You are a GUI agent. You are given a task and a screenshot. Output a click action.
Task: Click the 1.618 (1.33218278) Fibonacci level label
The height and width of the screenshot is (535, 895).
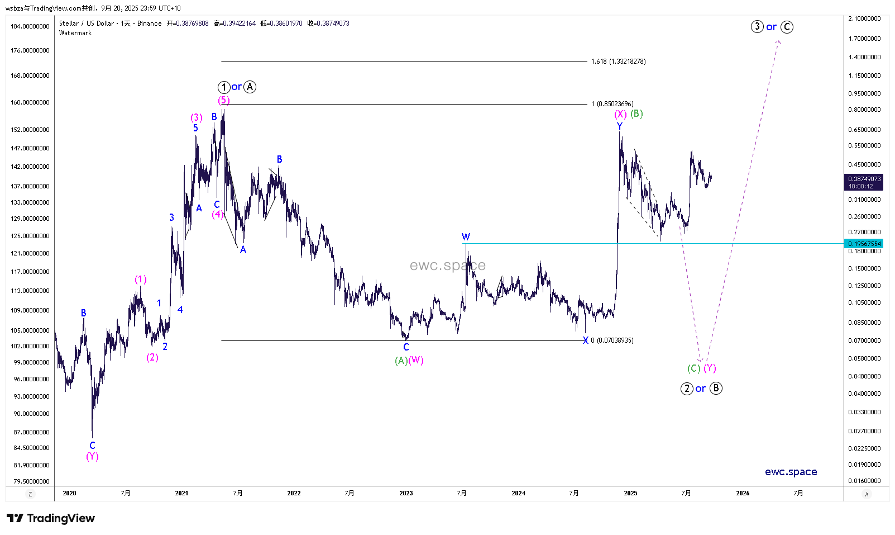click(x=618, y=61)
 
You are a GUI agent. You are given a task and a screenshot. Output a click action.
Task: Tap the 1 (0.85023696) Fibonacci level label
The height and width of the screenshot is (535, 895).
click(x=612, y=104)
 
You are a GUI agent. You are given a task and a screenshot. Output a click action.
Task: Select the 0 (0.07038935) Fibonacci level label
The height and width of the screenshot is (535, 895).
click(x=612, y=340)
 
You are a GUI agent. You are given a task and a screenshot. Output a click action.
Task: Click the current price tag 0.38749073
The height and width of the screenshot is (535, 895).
click(x=864, y=179)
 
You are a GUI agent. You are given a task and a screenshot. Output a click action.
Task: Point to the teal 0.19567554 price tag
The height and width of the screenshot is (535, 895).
click(x=864, y=244)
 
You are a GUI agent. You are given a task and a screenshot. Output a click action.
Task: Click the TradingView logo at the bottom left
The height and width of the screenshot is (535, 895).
click(x=51, y=518)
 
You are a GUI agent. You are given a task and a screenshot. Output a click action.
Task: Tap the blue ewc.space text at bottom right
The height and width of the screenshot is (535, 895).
click(x=791, y=472)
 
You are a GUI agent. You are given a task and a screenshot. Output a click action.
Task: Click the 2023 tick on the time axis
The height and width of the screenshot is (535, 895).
click(x=406, y=493)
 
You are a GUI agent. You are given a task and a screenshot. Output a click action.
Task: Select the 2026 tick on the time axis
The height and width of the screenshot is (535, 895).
click(x=743, y=493)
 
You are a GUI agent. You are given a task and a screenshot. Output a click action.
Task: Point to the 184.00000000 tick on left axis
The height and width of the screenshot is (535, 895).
click(x=30, y=26)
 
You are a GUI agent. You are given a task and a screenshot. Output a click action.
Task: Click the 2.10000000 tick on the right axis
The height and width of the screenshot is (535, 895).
click(x=864, y=18)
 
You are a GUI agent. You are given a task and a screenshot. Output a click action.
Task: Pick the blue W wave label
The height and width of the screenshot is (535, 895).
click(x=466, y=236)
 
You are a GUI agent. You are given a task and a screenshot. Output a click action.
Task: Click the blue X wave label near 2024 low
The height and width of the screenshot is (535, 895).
click(x=585, y=340)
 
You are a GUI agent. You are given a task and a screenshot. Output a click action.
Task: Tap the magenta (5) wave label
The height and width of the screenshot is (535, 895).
click(x=223, y=100)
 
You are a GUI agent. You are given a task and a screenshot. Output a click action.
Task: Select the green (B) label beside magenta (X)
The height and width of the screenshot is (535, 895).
click(x=636, y=113)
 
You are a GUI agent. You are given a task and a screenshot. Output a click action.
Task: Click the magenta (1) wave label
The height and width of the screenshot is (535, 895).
click(x=140, y=279)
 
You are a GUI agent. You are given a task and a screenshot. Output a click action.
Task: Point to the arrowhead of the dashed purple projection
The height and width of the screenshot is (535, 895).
click(x=778, y=42)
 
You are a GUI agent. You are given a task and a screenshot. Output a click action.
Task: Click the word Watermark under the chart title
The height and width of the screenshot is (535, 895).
click(x=75, y=33)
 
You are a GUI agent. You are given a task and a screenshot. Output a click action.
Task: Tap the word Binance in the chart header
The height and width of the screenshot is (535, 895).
click(x=149, y=23)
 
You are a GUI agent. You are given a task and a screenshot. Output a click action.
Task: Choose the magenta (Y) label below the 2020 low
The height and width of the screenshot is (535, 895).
click(x=92, y=456)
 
